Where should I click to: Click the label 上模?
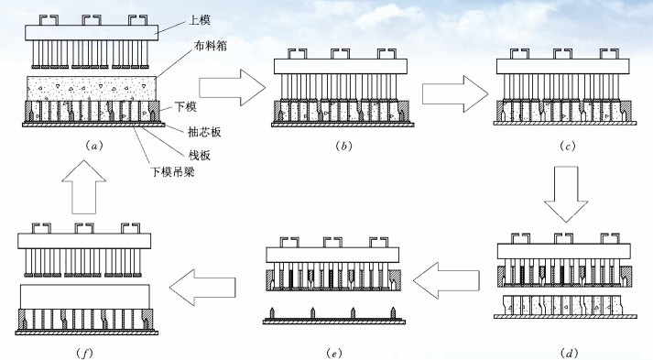[x=199, y=19]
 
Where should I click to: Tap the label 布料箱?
[x=210, y=46]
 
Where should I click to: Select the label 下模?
[x=185, y=106]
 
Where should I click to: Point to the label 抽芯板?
[x=204, y=132]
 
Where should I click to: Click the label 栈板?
[x=199, y=155]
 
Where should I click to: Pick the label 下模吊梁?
[x=172, y=171]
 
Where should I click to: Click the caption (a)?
[x=93, y=146]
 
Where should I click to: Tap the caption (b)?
[x=343, y=146]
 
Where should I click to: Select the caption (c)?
[x=567, y=146]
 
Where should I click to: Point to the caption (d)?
[x=569, y=354]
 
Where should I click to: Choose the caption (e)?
[x=334, y=354]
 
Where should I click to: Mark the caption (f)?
[x=85, y=354]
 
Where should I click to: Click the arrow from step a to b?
[x=233, y=88]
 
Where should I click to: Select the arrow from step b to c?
[x=455, y=93]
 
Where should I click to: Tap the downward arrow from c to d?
[x=566, y=194]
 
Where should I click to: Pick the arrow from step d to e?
[x=446, y=280]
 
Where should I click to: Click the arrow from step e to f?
[x=202, y=287]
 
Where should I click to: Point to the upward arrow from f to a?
[x=83, y=187]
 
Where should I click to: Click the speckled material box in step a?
[x=92, y=88]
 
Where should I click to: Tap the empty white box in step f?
[x=85, y=297]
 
